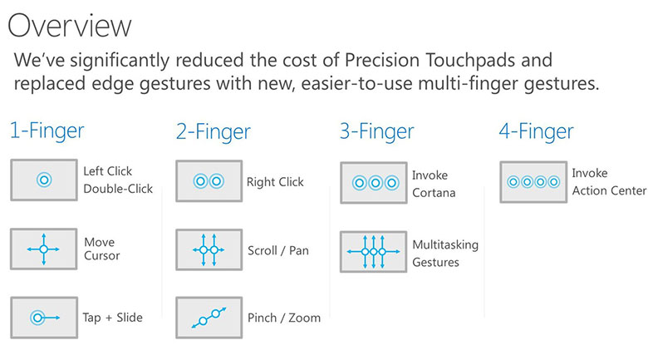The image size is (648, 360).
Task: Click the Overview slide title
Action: point(70,26)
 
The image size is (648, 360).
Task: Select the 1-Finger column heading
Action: point(47,131)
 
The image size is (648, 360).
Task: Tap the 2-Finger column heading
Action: point(214,132)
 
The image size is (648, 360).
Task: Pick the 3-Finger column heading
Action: point(376,131)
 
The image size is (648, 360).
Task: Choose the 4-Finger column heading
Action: point(536,131)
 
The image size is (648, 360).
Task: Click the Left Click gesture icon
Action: point(44,180)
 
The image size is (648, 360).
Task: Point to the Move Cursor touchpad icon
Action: point(44,249)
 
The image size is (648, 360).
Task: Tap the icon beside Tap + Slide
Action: point(44,318)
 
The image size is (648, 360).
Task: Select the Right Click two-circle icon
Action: point(209,181)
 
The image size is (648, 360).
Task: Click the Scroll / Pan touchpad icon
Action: point(209,250)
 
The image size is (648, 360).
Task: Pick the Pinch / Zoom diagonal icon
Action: point(209,318)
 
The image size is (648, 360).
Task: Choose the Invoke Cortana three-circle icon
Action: point(374,182)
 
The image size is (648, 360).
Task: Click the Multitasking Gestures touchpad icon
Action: point(374,252)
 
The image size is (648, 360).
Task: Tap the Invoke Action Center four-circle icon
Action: point(533,182)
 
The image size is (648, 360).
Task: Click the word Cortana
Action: point(434,193)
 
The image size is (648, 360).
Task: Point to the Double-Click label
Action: point(118,189)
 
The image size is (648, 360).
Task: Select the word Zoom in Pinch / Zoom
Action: point(305,318)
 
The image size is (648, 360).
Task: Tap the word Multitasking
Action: point(445,245)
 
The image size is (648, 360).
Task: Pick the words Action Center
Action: point(609,190)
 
